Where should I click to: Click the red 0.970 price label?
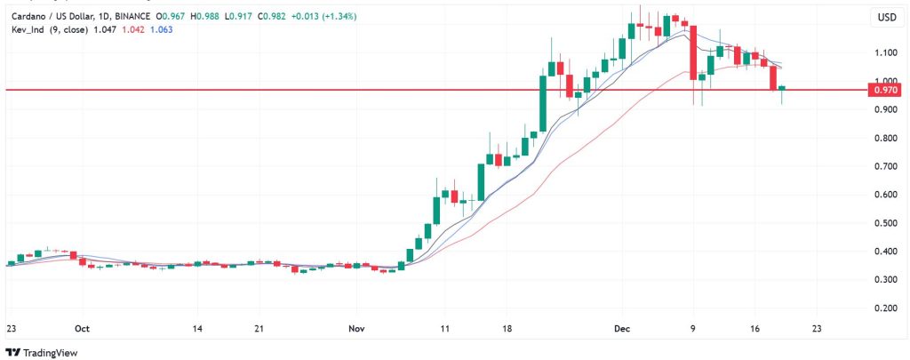click(x=886, y=90)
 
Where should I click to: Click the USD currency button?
click(x=886, y=17)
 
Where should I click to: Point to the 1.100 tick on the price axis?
click(x=886, y=53)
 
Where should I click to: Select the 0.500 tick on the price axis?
click(x=886, y=223)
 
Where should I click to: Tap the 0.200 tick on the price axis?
click(x=886, y=308)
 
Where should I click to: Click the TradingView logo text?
click(x=52, y=350)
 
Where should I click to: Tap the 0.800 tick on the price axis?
click(x=886, y=139)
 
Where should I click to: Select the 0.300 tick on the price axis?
click(x=886, y=280)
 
